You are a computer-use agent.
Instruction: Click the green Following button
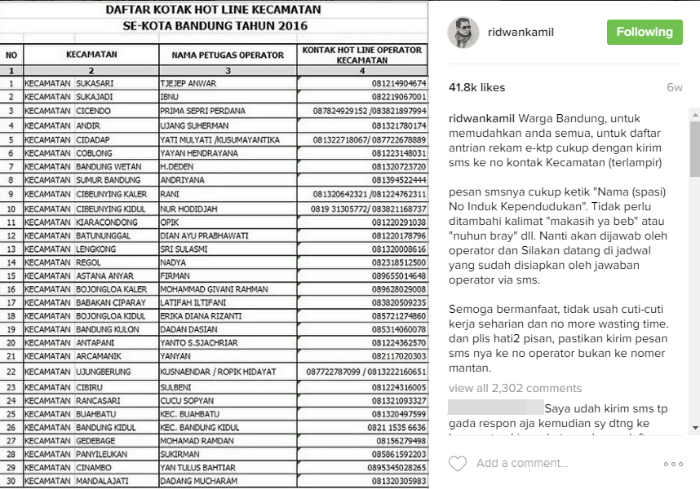(x=644, y=32)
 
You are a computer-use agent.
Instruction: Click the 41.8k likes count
(x=477, y=87)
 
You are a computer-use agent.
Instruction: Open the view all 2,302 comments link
(x=515, y=388)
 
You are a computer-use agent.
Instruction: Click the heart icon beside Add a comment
(x=458, y=464)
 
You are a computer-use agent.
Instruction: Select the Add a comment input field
(x=555, y=464)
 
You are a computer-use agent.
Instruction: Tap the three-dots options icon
(x=673, y=464)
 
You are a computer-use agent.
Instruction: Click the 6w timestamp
(x=674, y=87)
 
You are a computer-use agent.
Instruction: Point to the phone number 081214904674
(x=399, y=83)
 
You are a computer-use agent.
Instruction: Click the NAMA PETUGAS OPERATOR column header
(x=228, y=55)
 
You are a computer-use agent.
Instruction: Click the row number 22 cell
(x=11, y=371)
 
